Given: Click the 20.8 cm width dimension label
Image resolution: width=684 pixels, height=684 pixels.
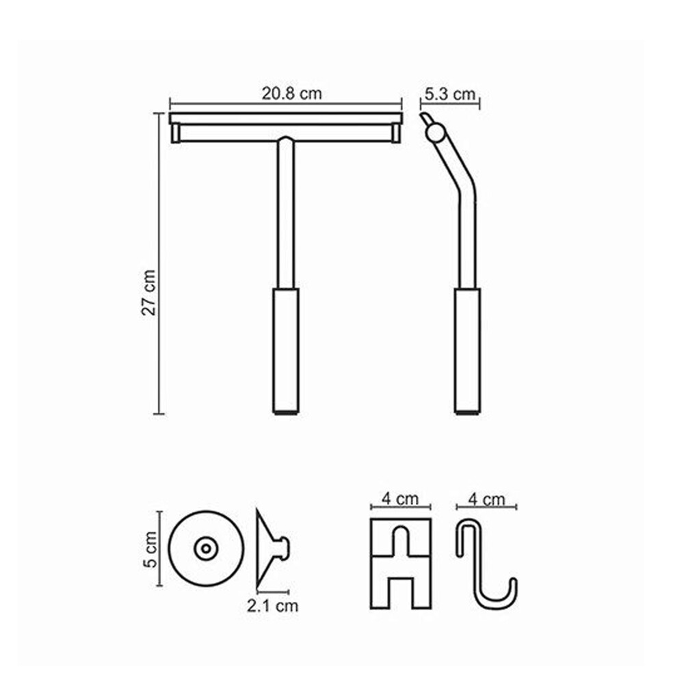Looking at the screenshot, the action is point(291,93).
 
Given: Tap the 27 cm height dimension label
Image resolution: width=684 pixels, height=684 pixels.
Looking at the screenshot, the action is point(148,292).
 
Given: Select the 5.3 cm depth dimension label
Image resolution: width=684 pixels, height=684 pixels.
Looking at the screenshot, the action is point(450,94).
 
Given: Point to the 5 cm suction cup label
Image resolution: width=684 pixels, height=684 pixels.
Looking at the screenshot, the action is point(150,549).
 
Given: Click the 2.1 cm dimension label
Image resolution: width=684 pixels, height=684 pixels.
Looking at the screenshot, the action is point(273,605).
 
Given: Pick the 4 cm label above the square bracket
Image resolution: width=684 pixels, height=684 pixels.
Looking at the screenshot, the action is point(400,499).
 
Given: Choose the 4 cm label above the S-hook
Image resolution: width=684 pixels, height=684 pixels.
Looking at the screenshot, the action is point(486,499).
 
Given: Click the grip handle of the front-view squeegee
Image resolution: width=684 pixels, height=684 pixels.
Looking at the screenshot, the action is point(286,351).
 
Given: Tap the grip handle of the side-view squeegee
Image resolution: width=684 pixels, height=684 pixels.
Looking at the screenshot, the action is point(467,351).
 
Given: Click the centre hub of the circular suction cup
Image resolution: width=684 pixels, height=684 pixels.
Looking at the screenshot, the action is point(206,549).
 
